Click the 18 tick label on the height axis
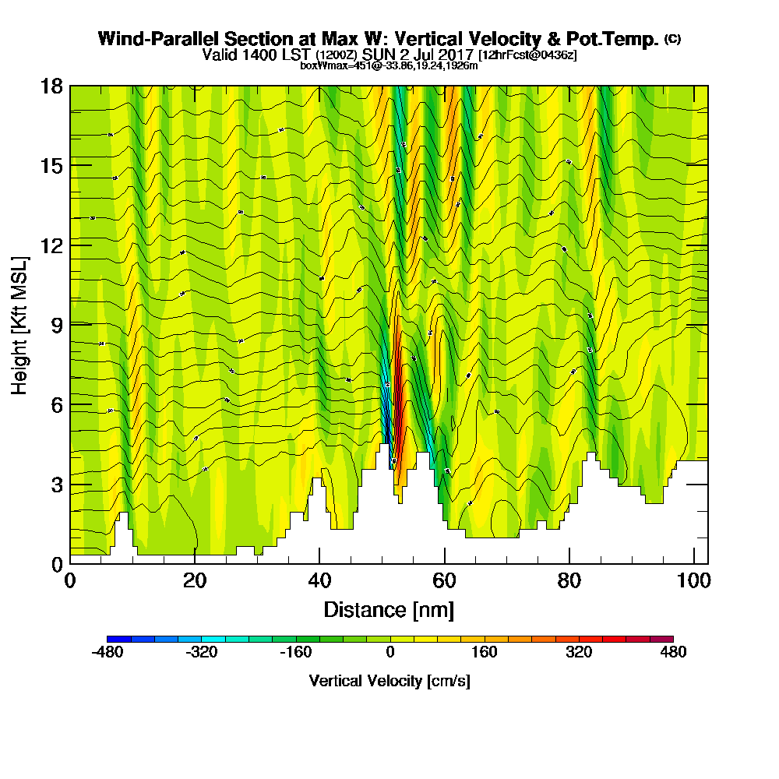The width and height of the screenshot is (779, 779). [52, 86]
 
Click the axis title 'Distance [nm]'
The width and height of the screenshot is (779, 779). [389, 609]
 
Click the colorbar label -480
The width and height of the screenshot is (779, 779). [108, 652]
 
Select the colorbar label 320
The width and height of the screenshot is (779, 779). [579, 652]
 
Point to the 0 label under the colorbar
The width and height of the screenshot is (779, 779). [389, 652]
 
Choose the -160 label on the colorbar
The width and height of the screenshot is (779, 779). [296, 652]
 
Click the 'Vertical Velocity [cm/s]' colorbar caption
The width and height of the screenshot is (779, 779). [389, 681]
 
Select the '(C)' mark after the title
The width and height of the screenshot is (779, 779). [672, 39]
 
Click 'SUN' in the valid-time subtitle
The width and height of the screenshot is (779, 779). [379, 55]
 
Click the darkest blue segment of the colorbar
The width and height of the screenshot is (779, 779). [119, 639]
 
